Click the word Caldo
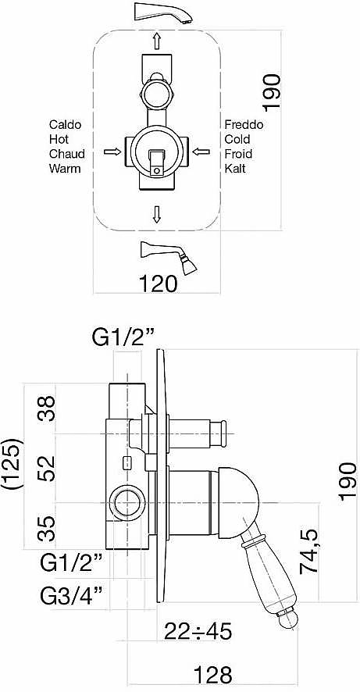pos(66,125)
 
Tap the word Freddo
pos(244,125)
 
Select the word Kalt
pos(235,168)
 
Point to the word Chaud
pos(67,154)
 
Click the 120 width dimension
pos(159,284)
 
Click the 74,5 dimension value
pos(310,551)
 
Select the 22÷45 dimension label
pos(198,632)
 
